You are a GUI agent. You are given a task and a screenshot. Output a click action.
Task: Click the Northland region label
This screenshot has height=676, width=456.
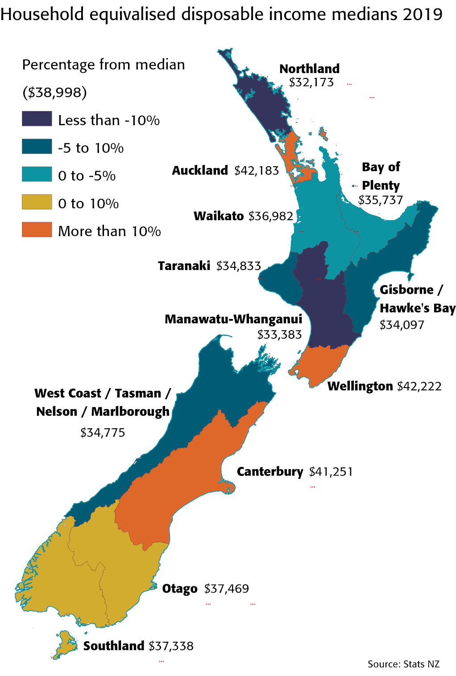309,69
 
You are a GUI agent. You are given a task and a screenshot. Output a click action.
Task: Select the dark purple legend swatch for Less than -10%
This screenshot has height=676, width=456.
37,119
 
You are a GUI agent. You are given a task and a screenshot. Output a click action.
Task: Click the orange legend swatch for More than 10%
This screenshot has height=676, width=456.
37,229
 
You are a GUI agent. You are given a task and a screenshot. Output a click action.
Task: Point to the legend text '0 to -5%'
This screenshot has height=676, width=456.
87,176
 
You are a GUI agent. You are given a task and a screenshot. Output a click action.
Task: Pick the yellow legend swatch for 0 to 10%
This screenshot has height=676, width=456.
37,202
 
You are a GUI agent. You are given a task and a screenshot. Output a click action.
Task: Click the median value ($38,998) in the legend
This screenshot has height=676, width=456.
54,92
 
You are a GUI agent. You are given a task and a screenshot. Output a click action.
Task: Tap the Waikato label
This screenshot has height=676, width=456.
219,216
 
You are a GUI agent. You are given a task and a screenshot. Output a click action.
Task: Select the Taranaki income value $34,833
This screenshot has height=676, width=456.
238,266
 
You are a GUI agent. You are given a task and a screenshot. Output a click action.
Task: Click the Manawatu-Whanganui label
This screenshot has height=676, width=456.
233,319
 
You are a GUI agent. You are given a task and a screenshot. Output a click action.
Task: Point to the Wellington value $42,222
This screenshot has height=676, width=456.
419,386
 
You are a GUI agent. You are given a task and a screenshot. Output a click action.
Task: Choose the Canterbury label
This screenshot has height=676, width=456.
269,471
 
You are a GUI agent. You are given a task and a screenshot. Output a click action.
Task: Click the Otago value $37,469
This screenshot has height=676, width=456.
226,589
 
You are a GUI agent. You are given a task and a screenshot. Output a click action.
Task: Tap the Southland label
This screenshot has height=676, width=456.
113,646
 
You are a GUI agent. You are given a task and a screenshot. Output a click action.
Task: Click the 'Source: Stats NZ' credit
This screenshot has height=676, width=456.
403,664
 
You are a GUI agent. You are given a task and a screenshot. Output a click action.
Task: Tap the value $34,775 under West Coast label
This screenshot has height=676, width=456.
103,433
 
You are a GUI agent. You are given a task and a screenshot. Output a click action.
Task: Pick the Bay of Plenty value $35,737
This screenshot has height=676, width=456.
380,200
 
